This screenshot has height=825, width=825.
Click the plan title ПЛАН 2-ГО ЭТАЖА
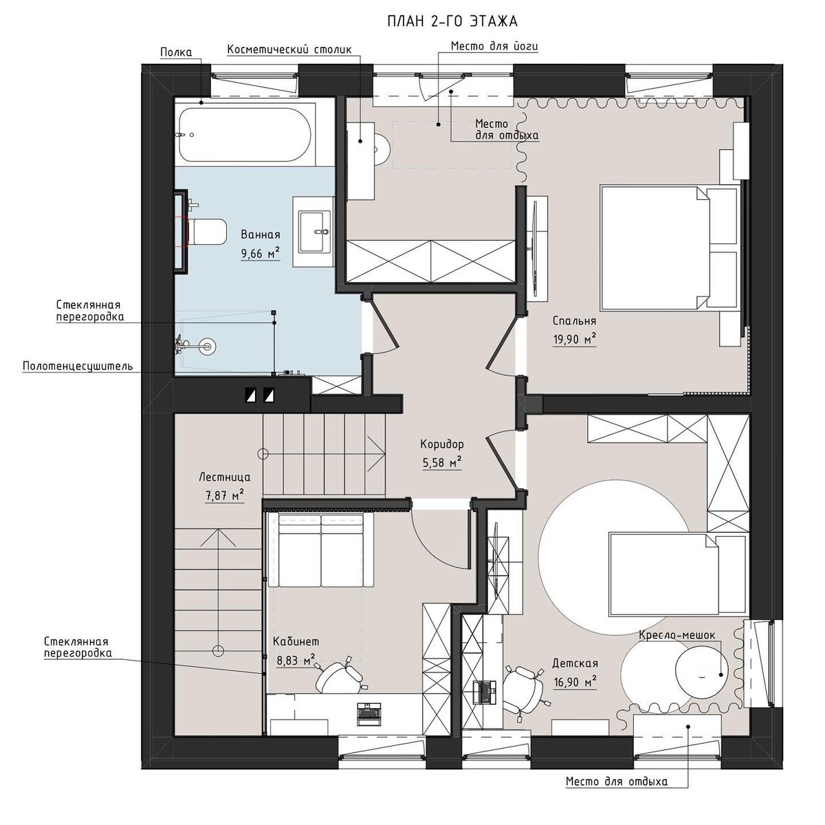[452, 21]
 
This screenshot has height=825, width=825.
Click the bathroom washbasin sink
[314, 232]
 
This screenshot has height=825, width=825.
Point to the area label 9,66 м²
[261, 254]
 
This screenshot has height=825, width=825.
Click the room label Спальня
[574, 320]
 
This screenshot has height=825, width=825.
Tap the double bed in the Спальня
[670, 247]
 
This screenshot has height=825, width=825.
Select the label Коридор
[441, 444]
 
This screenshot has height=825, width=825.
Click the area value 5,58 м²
[441, 463]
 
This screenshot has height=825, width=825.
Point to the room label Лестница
[225, 477]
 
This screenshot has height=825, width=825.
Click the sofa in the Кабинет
[325, 550]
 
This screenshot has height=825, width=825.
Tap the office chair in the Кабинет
[340, 677]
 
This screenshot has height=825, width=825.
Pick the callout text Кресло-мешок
[677, 635]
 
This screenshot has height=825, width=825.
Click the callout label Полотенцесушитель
[78, 366]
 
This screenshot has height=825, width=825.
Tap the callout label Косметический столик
[289, 49]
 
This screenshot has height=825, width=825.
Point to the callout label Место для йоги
[494, 46]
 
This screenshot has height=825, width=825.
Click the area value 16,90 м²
[575, 682]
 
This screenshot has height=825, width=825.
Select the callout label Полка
[176, 52]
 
